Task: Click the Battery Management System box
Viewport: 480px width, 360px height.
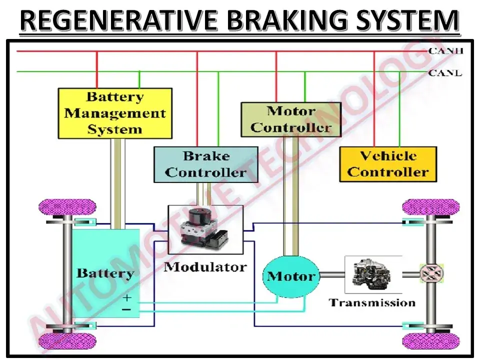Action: click(x=115, y=113)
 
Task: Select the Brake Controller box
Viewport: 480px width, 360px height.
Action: click(x=205, y=164)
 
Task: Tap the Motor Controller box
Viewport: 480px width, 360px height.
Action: click(x=291, y=119)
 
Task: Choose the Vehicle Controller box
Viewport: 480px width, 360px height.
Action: click(x=388, y=164)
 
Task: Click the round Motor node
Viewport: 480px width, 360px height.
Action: click(x=291, y=276)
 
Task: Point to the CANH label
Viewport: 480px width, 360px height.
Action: click(x=445, y=51)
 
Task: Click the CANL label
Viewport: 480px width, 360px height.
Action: click(x=445, y=73)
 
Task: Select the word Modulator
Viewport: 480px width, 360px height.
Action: click(x=205, y=267)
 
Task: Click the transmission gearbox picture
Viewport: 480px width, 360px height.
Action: click(x=373, y=274)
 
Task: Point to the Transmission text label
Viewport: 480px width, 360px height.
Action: click(x=372, y=303)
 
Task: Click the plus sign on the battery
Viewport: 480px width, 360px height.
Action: click(x=126, y=297)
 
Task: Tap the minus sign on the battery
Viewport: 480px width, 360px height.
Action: click(x=126, y=309)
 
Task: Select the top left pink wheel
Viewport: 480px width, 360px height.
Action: click(x=67, y=207)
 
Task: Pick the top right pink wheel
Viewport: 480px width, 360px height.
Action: click(x=430, y=207)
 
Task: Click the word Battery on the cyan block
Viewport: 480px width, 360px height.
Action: click(x=105, y=273)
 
